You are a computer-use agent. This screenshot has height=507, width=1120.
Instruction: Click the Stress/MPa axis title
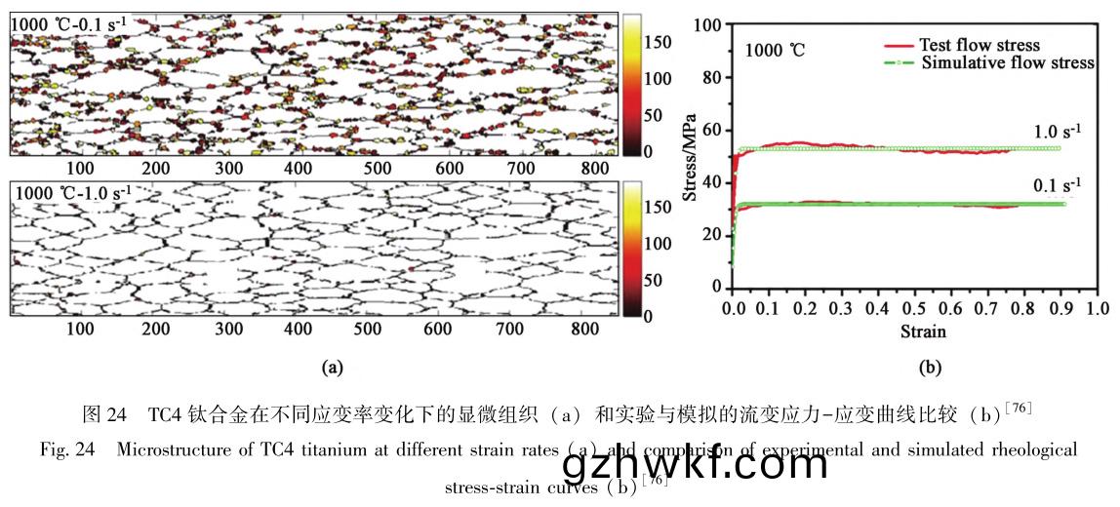[x=692, y=156]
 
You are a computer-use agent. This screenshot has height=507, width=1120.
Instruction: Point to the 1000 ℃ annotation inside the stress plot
[x=777, y=50]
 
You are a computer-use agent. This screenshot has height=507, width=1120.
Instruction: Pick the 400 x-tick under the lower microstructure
[x=298, y=330]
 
